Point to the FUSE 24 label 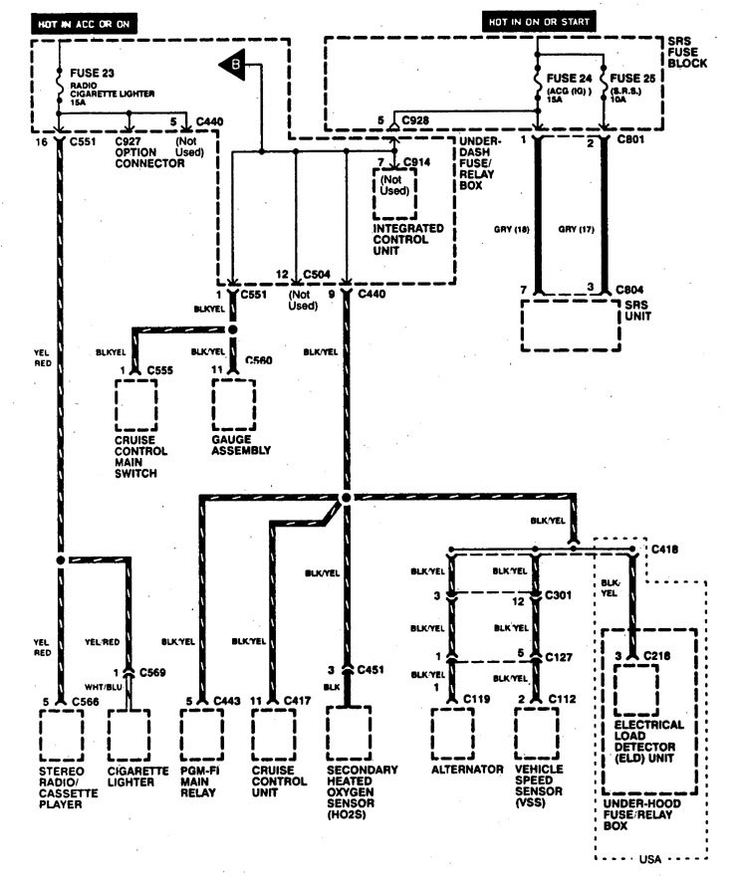point(569,77)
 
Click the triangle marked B point(233,66)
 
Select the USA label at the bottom point(648,855)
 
